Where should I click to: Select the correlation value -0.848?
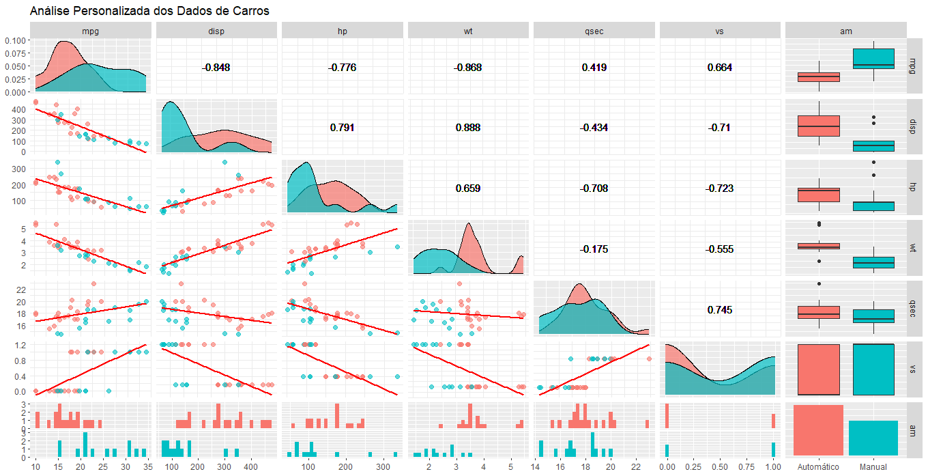pyautogui.click(x=216, y=68)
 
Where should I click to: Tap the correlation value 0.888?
pyautogui.click(x=467, y=128)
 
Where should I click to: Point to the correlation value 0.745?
pyautogui.click(x=719, y=310)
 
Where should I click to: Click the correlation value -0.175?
pyautogui.click(x=593, y=249)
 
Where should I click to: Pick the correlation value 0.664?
pyautogui.click(x=719, y=68)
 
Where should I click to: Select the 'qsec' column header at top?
pyautogui.click(x=593, y=31)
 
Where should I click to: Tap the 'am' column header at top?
pyautogui.click(x=845, y=31)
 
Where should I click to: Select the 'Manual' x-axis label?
pyautogui.click(x=873, y=466)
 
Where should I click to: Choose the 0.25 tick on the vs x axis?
pyautogui.click(x=694, y=466)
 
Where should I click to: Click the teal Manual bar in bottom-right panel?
pyautogui.click(x=873, y=438)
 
